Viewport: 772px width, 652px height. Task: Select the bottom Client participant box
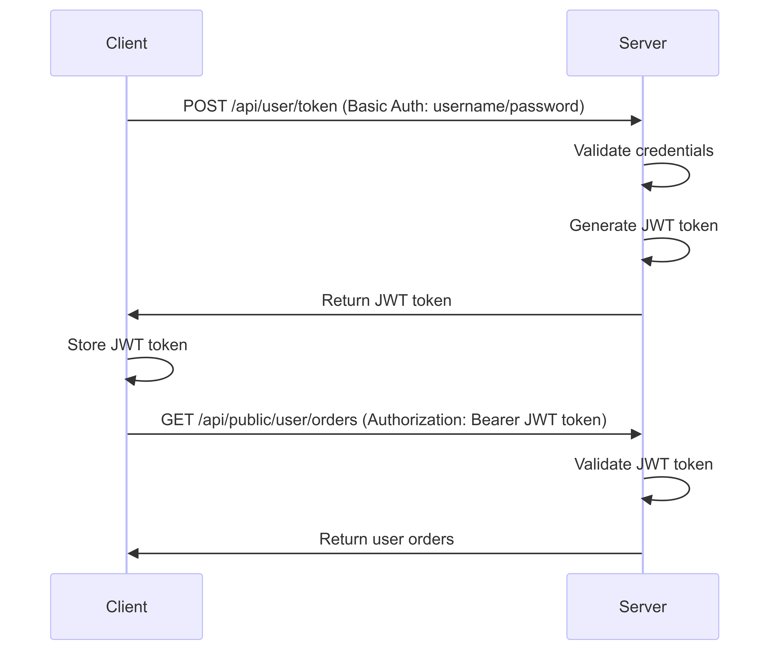126,607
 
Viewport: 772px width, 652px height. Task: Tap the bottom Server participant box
643,607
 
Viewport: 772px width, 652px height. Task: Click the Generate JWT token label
643,225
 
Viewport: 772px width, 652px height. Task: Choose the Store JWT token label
127,345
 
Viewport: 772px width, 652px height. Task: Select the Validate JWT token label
643,464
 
